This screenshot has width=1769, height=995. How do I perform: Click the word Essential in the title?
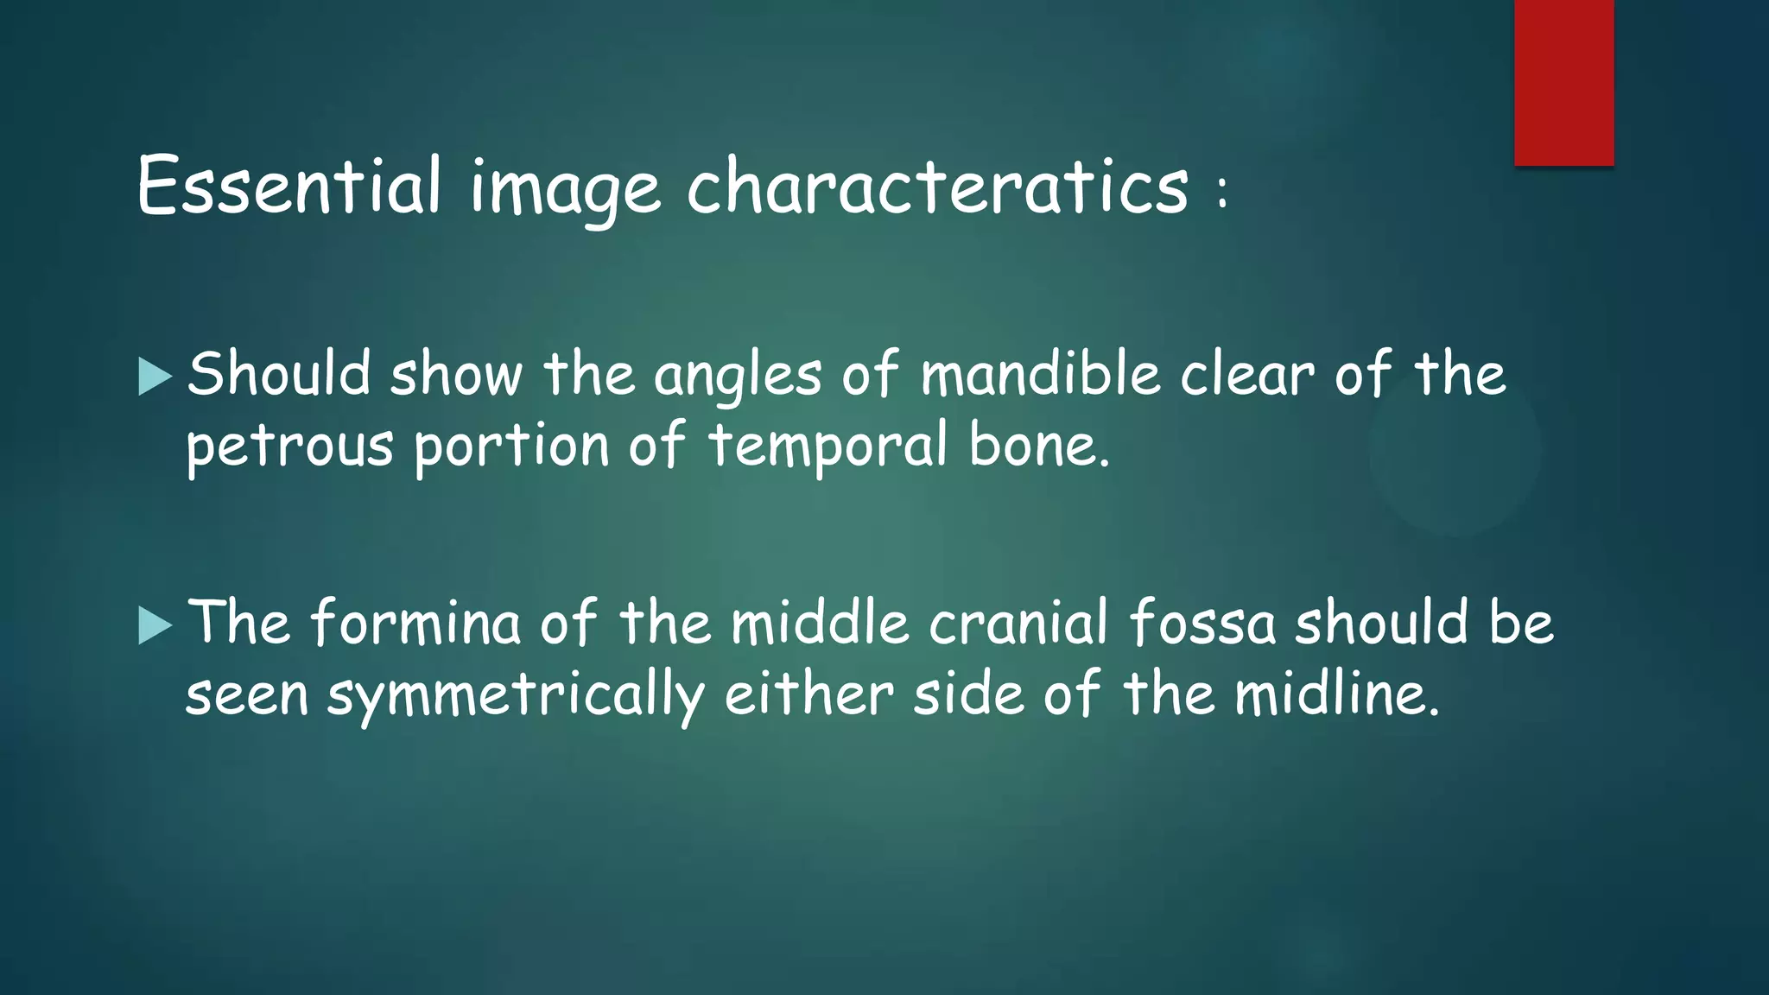click(x=289, y=186)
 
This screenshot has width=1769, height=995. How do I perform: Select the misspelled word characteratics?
click(x=937, y=186)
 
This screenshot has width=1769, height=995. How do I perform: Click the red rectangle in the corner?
click(x=1563, y=82)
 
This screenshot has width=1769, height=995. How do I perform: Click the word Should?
click(x=279, y=374)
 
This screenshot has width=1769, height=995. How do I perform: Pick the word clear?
click(x=1247, y=376)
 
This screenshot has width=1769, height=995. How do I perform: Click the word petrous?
click(x=289, y=447)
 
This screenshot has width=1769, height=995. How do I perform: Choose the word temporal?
click(x=827, y=446)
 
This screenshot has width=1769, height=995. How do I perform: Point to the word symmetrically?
click(x=515, y=696)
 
